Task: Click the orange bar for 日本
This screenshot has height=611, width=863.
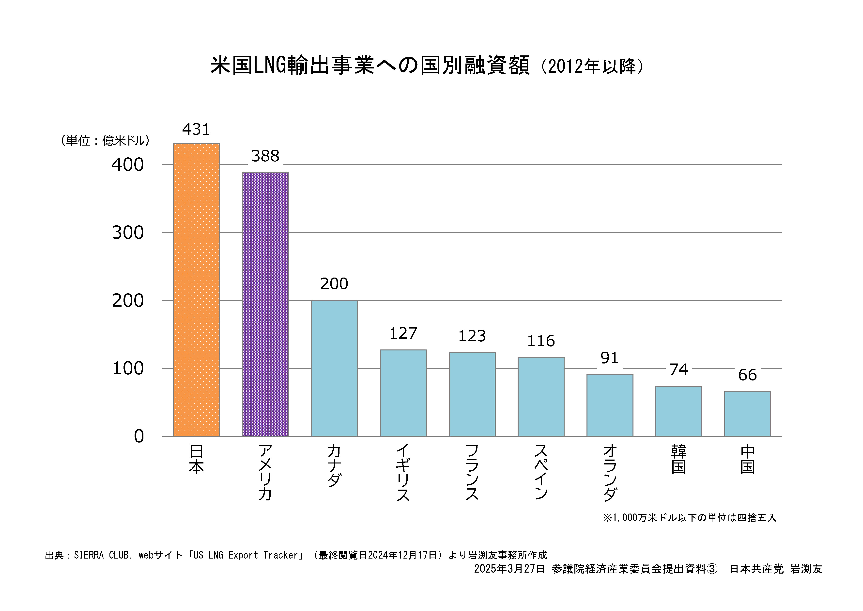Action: [x=196, y=289]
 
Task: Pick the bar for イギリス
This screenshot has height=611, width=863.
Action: [x=403, y=393]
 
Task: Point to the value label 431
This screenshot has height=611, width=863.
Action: [x=196, y=130]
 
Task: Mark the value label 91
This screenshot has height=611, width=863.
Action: [x=609, y=358]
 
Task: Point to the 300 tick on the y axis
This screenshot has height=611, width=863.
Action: [x=128, y=233]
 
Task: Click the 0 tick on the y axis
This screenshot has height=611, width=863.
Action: [x=139, y=436]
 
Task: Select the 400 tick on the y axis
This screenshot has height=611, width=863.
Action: [x=128, y=165]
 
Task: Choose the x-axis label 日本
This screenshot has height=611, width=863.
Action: [x=196, y=459]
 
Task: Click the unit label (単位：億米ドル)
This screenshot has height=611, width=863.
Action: [x=105, y=141]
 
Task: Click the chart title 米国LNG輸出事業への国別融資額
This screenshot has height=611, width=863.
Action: [x=370, y=66]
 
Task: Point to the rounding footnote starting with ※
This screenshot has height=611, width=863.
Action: [x=689, y=518]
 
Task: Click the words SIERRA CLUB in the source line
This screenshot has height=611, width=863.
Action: [x=103, y=555]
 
